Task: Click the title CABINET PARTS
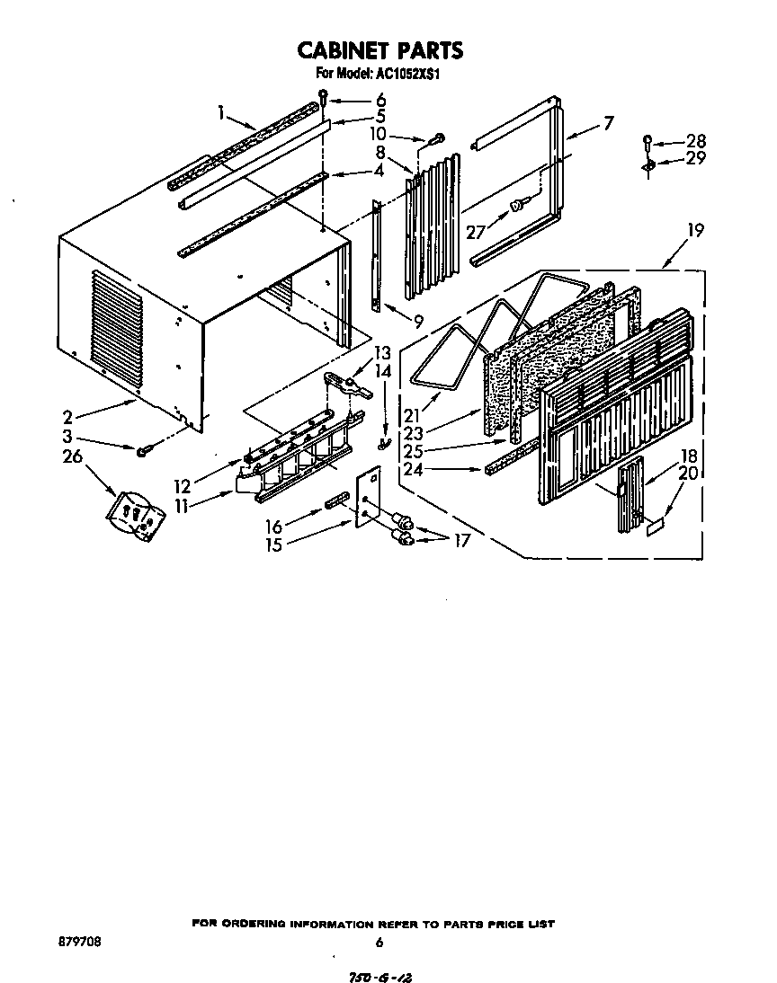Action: (380, 50)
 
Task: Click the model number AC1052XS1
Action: (408, 74)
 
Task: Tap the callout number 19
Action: (695, 230)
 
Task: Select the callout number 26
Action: (72, 456)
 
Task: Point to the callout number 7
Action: (608, 122)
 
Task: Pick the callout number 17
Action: (461, 540)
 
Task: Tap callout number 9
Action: (418, 321)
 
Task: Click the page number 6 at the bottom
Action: (380, 942)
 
